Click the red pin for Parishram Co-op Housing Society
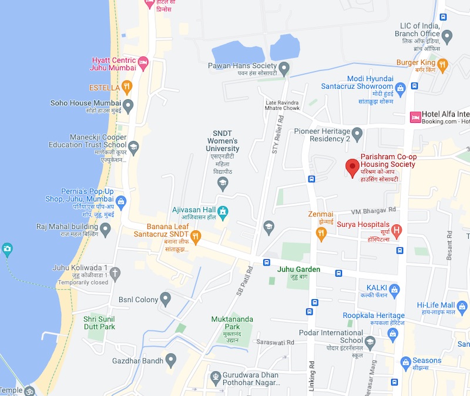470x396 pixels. point(352,167)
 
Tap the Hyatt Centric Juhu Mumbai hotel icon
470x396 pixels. point(143,61)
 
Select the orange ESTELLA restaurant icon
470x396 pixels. point(127,88)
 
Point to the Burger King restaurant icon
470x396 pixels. point(442,63)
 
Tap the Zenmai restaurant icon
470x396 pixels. point(321,233)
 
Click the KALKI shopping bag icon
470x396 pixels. point(394,288)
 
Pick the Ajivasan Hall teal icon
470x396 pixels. point(223,211)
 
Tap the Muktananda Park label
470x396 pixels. point(232,323)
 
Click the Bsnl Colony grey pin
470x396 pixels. point(166,300)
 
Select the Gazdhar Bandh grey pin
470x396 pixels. point(172,358)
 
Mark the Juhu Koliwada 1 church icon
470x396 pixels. point(115,272)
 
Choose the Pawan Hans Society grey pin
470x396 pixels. point(284,69)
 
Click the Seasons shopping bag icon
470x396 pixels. point(404,360)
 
